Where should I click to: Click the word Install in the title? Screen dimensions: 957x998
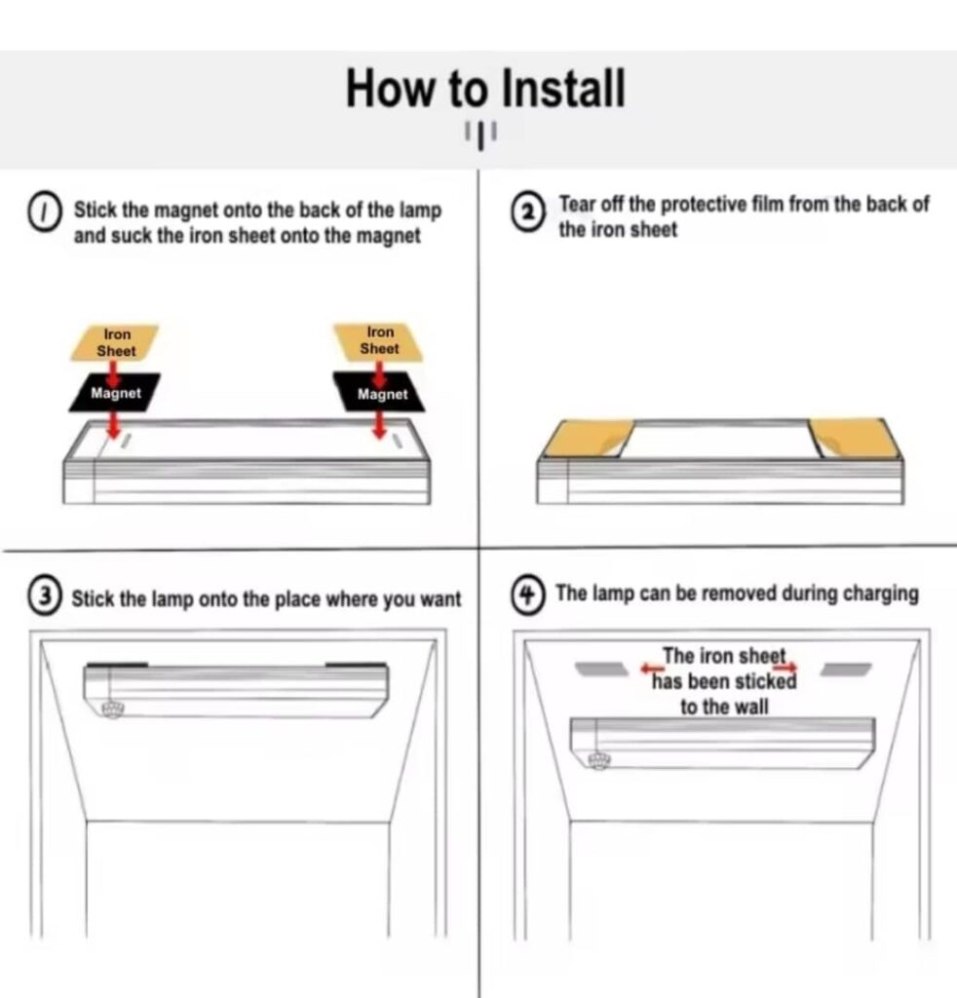click(x=563, y=88)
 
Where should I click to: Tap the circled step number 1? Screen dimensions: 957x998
click(x=44, y=214)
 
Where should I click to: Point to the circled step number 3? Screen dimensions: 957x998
click(x=44, y=597)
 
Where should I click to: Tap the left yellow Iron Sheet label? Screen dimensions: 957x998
click(x=115, y=342)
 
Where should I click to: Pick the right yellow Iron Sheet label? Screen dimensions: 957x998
click(x=379, y=341)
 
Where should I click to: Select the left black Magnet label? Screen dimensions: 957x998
click(x=115, y=393)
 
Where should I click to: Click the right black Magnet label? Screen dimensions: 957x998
click(x=380, y=394)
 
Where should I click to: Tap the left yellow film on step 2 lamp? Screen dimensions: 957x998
click(x=587, y=438)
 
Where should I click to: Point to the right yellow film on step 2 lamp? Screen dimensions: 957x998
click(x=856, y=438)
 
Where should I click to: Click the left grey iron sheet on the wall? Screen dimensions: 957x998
click(x=601, y=669)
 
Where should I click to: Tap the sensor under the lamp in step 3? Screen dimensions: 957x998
click(x=113, y=710)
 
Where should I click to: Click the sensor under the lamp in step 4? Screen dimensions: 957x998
click(x=598, y=760)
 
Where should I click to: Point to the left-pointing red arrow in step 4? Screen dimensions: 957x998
click(x=652, y=669)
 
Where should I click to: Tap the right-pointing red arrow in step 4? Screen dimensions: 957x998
click(x=785, y=667)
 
